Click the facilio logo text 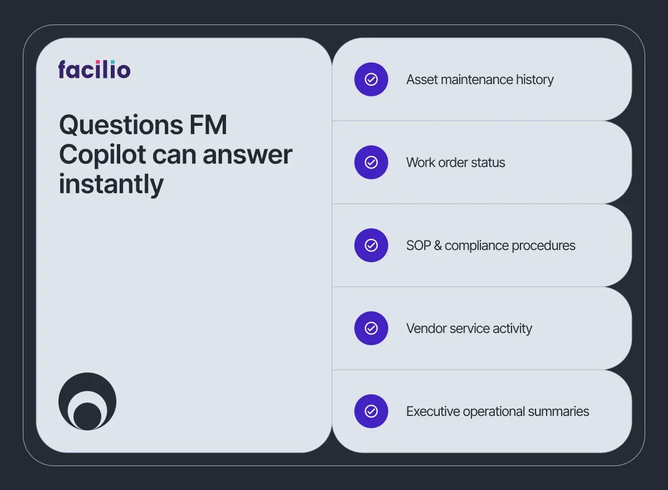click(x=94, y=70)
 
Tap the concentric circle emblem click(x=87, y=401)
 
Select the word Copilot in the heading click(x=98, y=154)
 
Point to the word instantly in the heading click(x=111, y=184)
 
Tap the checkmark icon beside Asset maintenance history click(x=371, y=80)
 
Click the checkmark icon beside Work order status click(x=371, y=163)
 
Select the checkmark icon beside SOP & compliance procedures click(x=371, y=246)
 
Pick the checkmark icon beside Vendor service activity click(x=371, y=329)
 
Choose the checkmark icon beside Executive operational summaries click(x=371, y=411)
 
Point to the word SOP click(x=419, y=246)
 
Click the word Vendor click(x=424, y=329)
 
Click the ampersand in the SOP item click(x=438, y=246)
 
